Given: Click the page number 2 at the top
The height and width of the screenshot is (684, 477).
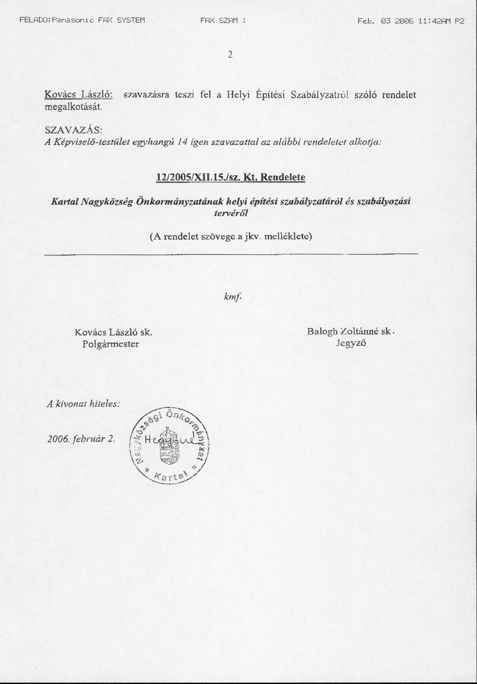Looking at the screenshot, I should point(230,55).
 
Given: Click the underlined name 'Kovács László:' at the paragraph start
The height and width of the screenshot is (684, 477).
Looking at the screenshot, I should point(79,95).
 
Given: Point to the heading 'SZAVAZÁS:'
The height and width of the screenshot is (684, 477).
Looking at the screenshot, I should point(74,129).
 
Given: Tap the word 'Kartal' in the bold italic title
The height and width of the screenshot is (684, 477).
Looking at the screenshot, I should point(65,202).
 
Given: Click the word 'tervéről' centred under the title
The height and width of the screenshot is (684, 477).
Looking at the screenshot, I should point(231,213).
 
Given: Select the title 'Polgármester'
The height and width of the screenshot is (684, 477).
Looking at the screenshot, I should point(111,344).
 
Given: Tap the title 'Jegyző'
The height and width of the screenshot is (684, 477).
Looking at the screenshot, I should point(351,344).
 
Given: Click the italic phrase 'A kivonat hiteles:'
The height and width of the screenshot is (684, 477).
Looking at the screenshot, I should point(83,404).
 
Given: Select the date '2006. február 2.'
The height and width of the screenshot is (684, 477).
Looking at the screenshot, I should point(81,439).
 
